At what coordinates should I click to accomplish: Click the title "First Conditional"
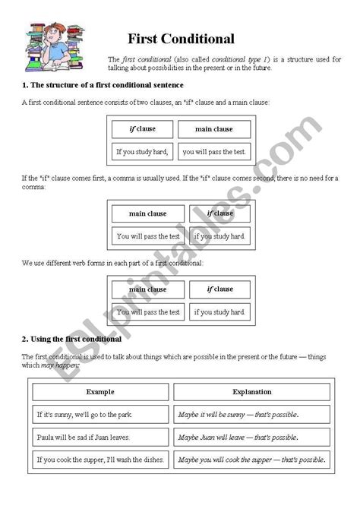(181, 39)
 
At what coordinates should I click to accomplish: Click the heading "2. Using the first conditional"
(72, 339)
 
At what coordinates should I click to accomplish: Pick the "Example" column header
(100, 392)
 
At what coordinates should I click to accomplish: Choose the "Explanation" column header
(251, 392)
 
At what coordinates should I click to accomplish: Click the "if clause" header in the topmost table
(143, 129)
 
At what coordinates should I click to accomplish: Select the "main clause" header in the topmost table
(214, 129)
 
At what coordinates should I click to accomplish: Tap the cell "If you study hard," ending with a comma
(143, 152)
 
